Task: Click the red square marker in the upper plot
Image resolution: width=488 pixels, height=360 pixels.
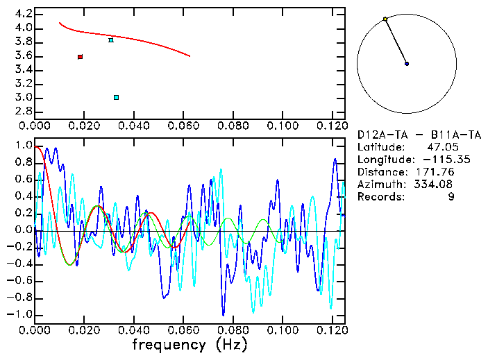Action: click(x=81, y=57)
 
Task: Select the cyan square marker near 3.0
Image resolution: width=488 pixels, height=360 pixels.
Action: click(x=116, y=97)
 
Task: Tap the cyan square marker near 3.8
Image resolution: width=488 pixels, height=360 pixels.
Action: click(x=111, y=40)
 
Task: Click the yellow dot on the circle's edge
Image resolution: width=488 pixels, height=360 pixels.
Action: click(x=385, y=19)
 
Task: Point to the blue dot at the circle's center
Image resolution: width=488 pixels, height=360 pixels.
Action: click(x=407, y=64)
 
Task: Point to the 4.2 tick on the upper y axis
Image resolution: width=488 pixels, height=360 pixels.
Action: click(x=23, y=14)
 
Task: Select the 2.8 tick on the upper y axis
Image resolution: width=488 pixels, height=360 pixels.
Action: click(x=23, y=112)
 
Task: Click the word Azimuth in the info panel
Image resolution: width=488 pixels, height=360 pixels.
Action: click(x=379, y=184)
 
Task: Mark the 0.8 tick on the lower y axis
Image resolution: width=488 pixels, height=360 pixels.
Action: click(x=23, y=163)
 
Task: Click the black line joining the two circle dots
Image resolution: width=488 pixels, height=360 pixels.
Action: click(x=396, y=42)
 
